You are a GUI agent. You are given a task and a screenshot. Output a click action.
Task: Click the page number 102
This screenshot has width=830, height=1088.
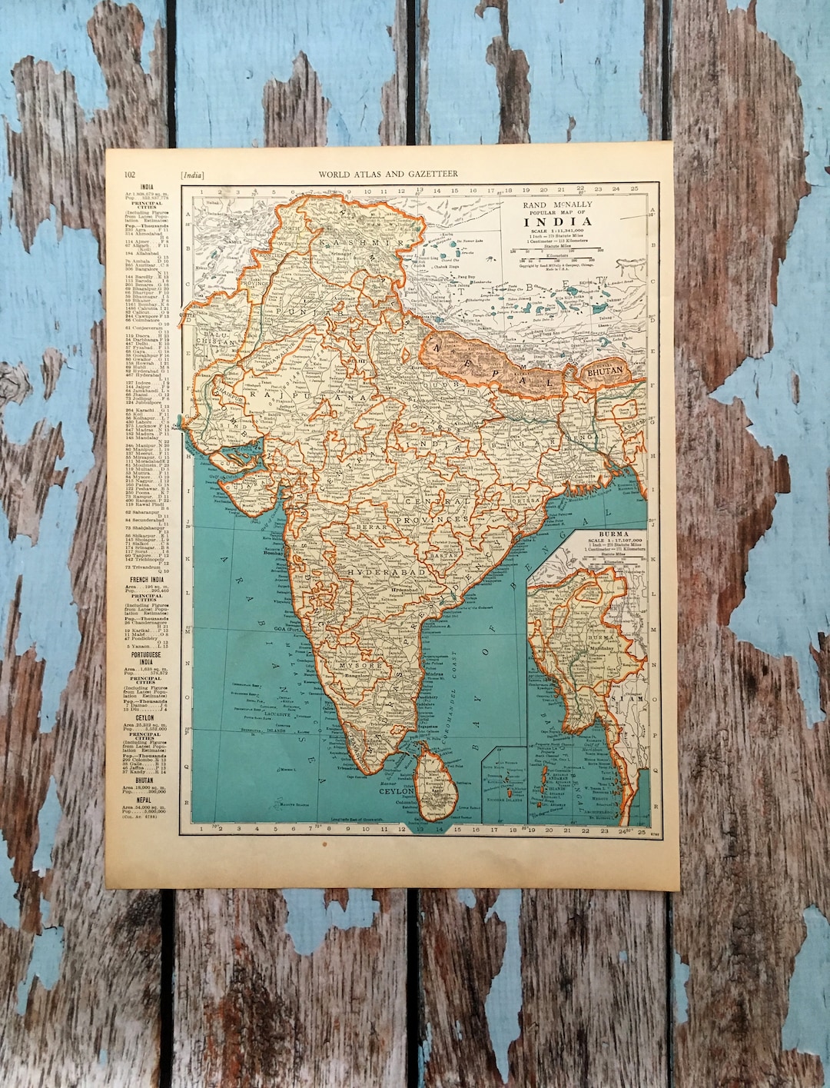point(130,174)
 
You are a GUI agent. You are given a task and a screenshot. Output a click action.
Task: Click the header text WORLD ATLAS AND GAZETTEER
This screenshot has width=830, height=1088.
point(388,174)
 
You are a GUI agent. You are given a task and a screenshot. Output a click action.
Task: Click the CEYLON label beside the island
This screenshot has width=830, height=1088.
point(396,790)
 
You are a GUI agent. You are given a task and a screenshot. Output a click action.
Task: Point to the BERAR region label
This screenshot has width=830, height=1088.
point(375,527)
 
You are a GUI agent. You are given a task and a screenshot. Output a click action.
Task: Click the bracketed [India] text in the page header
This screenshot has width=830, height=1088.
point(193,174)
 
